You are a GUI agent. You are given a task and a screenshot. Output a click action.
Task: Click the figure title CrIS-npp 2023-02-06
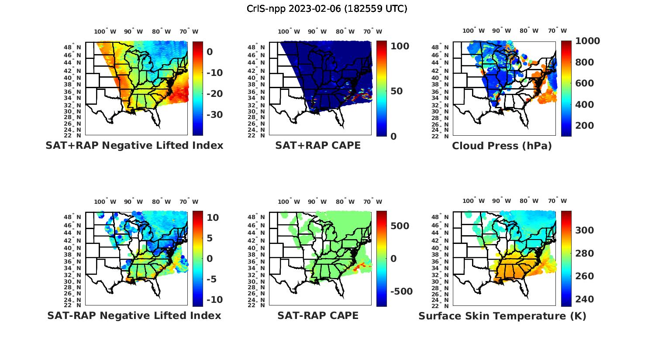coord(327,9)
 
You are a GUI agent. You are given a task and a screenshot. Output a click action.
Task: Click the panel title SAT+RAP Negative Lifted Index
coord(134,145)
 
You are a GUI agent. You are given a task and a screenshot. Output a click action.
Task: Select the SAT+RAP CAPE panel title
coord(318,145)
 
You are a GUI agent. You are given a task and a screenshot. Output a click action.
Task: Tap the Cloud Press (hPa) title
coord(502,146)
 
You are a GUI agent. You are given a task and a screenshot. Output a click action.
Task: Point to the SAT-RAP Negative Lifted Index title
coord(134,315)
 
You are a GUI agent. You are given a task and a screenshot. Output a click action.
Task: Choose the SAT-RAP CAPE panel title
coord(318,315)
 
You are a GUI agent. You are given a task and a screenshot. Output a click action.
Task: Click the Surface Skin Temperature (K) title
coord(502,316)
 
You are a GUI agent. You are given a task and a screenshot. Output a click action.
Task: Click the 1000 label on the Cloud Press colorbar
coord(587,41)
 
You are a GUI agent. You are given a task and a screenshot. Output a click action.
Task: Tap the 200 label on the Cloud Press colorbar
coord(585,126)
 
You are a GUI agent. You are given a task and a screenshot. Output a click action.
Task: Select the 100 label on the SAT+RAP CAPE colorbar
coord(400,46)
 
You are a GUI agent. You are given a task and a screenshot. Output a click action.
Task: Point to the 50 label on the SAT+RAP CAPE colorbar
coord(396,92)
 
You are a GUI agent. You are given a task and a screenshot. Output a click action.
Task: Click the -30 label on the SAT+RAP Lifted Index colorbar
coord(214,115)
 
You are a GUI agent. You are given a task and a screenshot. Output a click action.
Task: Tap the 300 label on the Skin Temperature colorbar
coord(585,230)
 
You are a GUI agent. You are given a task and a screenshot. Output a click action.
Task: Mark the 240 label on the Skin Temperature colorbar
coord(585,299)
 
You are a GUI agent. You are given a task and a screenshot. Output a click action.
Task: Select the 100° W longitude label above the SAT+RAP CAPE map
coord(289,31)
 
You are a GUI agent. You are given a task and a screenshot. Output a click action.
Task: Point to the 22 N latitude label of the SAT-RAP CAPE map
coord(256,305)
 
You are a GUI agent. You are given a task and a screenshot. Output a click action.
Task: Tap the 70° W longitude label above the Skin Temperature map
coord(557,201)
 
